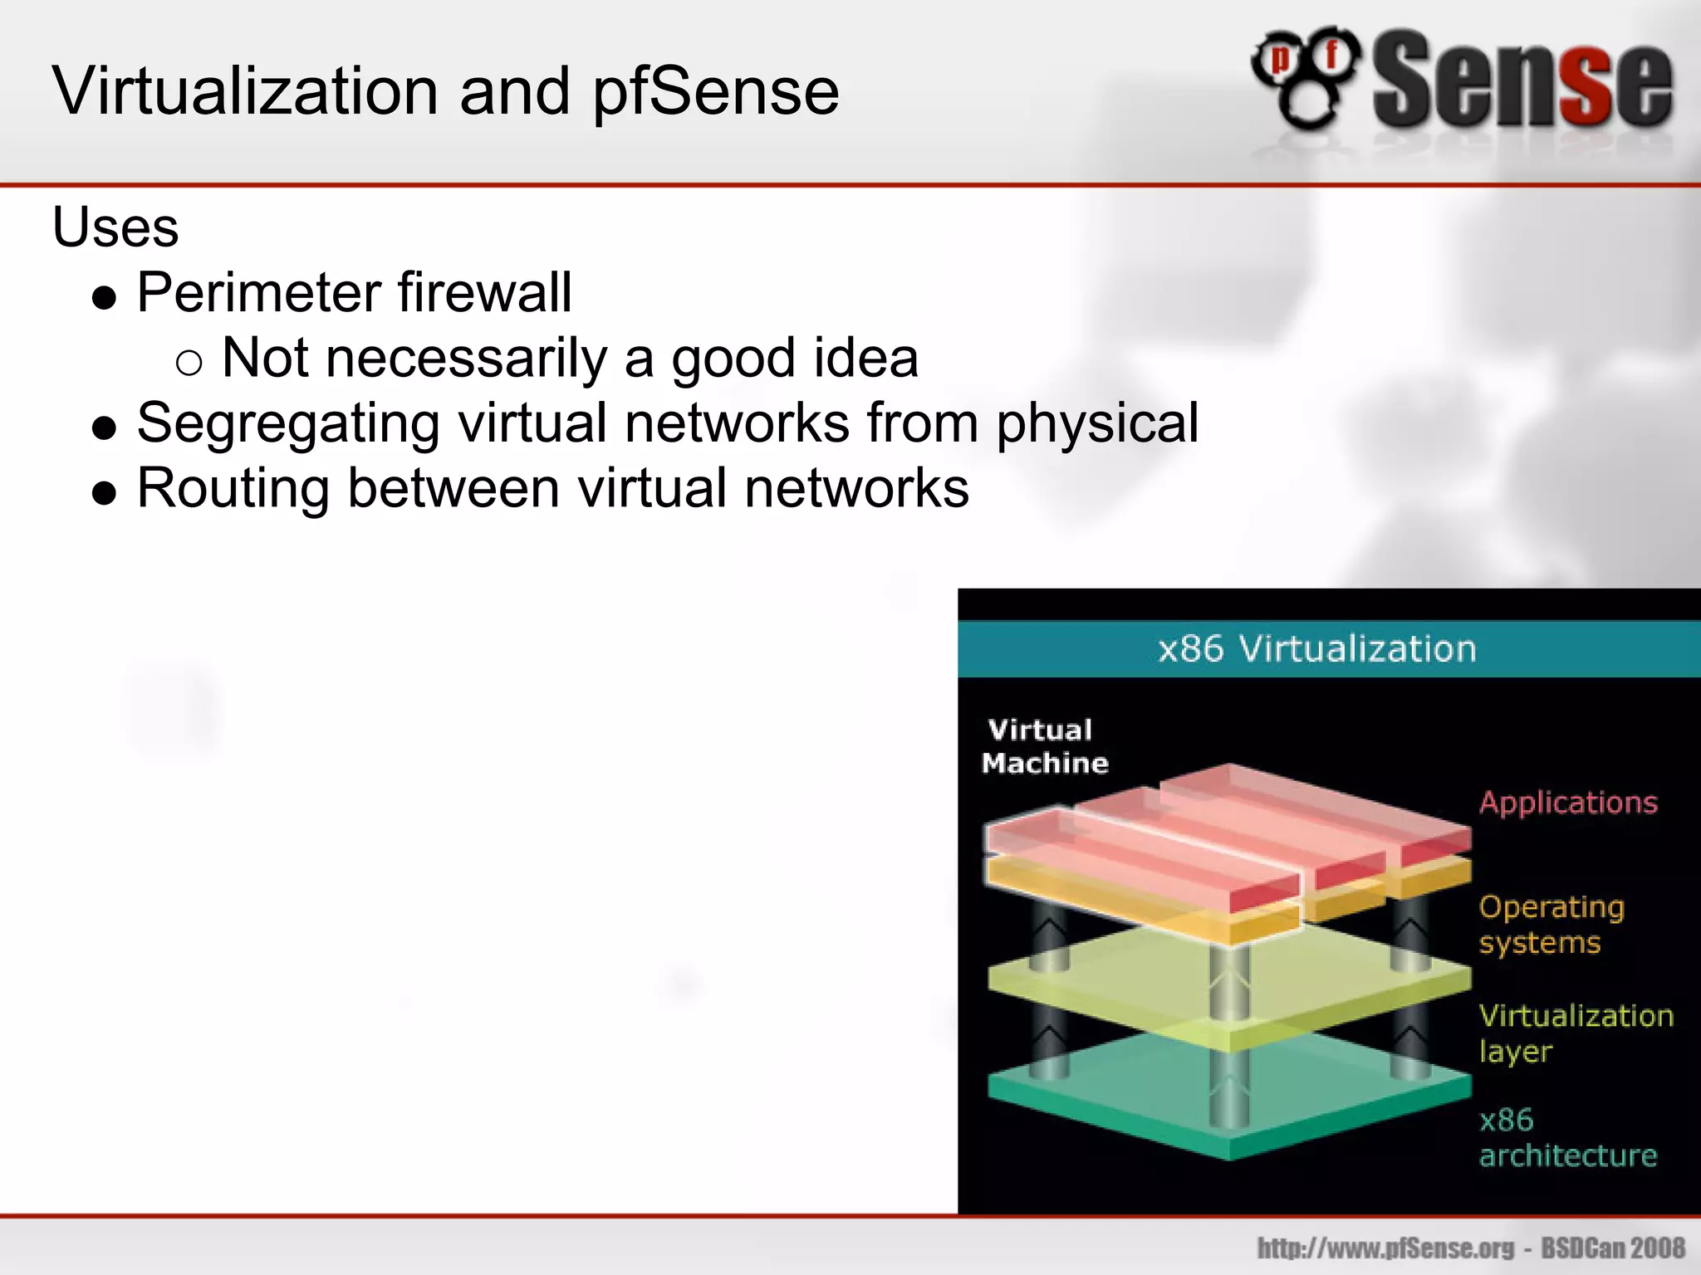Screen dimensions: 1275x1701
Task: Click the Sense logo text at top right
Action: point(1522,81)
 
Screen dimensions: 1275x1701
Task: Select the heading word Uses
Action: point(115,227)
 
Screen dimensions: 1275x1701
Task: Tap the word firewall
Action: point(485,292)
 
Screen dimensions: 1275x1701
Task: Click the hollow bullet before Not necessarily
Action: point(189,363)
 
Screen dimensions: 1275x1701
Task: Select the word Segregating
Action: point(288,423)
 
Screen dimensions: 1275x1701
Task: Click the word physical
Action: point(1097,423)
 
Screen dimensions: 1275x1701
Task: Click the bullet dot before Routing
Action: point(104,494)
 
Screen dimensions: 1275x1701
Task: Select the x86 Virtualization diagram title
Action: point(1317,648)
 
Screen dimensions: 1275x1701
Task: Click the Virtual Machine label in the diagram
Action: point(1045,746)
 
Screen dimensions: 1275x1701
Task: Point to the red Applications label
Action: point(1568,803)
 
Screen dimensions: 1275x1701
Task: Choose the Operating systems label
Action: point(1551,925)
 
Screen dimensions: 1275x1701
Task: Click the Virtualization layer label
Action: point(1575,1033)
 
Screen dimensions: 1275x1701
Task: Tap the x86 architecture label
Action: point(1566,1137)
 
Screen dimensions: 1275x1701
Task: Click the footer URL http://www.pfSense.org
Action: point(1385,1248)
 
